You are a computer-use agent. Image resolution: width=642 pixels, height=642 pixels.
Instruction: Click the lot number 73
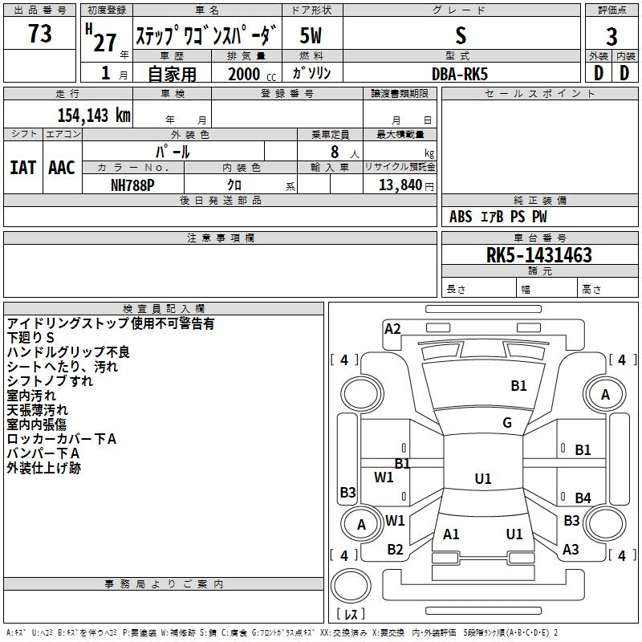[x=40, y=35]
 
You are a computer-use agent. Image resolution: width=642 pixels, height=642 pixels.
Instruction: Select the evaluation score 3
[x=612, y=36]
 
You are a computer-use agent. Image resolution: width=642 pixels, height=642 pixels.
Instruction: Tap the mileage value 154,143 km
[x=94, y=115]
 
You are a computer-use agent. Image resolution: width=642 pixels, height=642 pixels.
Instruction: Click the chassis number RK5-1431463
[x=539, y=255]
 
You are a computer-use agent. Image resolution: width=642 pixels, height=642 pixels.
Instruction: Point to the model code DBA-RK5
[x=460, y=73]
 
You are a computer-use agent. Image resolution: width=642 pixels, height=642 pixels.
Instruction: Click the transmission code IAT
[x=23, y=168]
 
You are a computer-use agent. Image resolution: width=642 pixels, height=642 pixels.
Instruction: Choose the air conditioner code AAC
[x=62, y=168]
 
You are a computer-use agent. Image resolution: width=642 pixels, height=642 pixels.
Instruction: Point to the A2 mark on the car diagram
[x=392, y=328]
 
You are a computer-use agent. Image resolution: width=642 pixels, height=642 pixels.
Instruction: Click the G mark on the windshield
[x=507, y=423]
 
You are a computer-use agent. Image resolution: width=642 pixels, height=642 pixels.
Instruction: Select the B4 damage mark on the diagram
[x=583, y=498]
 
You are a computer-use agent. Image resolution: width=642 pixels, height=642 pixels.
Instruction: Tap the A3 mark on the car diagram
[x=571, y=550]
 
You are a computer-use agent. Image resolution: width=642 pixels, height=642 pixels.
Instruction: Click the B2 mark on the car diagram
[x=395, y=550]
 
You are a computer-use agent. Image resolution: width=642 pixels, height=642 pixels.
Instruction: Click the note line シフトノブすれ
[x=50, y=381]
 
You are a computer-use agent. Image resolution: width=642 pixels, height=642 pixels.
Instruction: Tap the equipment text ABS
[x=461, y=217]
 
